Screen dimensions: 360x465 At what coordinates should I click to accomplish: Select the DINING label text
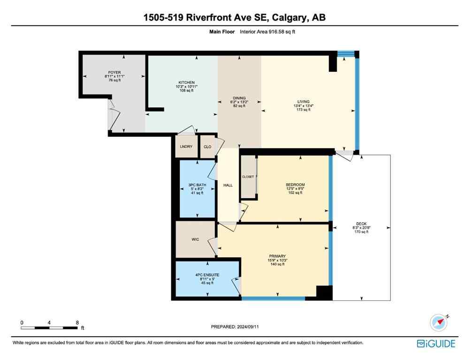239,98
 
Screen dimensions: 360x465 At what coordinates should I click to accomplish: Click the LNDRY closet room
186,147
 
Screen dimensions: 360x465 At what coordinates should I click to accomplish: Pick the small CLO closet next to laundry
207,147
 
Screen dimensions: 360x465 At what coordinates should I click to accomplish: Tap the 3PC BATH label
197,185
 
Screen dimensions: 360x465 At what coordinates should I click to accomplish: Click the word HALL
228,185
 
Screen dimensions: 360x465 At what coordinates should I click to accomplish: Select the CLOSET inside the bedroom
248,177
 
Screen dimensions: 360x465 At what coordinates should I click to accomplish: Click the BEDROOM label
295,185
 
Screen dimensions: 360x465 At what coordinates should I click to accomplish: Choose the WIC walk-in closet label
195,240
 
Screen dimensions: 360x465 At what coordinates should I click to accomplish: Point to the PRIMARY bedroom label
278,256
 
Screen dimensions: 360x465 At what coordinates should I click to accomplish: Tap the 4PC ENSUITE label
206,275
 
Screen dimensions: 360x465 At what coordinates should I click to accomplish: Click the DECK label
361,224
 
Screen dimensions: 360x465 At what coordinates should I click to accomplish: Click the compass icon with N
439,322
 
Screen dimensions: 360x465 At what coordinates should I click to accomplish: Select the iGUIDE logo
436,344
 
